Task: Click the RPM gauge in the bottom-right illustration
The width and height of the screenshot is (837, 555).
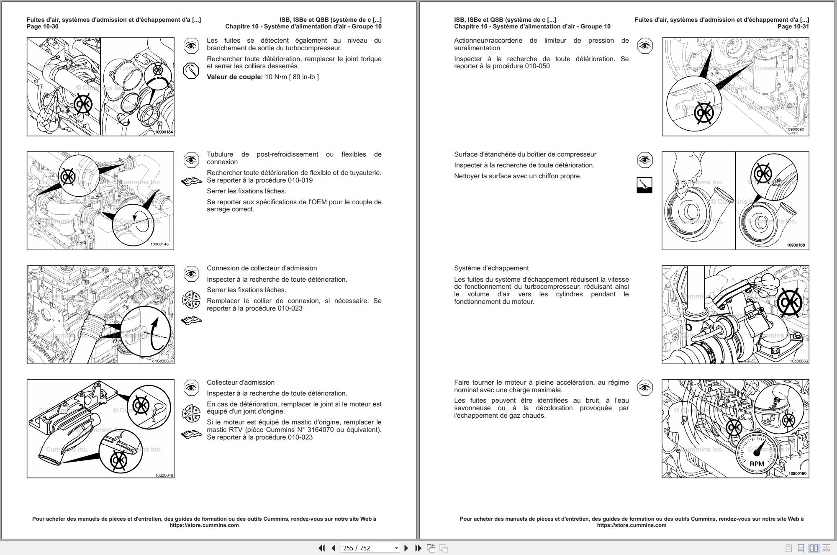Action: pyautogui.click(x=757, y=454)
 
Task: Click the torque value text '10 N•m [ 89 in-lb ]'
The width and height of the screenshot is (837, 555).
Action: pyautogui.click(x=292, y=77)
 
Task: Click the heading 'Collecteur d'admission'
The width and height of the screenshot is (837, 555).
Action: pyautogui.click(x=241, y=383)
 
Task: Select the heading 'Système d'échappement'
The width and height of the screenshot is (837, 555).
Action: pyautogui.click(x=491, y=268)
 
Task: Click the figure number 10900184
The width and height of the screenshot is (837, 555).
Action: pyautogui.click(x=164, y=132)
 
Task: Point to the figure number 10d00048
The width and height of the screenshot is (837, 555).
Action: pyautogui.click(x=164, y=475)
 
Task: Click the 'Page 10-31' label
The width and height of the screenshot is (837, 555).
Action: pyautogui.click(x=793, y=26)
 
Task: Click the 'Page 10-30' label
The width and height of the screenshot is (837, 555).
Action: pyautogui.click(x=43, y=26)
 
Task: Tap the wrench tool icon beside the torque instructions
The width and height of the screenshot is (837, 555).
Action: pyautogui.click(x=191, y=70)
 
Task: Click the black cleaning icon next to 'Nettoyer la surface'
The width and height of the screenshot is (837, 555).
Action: pyautogui.click(x=644, y=185)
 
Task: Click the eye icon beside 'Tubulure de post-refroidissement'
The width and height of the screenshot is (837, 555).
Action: pyautogui.click(x=191, y=160)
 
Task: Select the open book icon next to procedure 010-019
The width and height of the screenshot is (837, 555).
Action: pyautogui.click(x=191, y=182)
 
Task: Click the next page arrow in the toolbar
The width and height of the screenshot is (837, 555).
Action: pyautogui.click(x=406, y=548)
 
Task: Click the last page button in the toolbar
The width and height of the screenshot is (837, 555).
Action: pyautogui.click(x=418, y=548)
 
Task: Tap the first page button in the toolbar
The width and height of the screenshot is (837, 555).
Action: pyautogui.click(x=321, y=548)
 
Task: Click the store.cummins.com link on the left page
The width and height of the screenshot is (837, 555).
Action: pyautogui.click(x=204, y=525)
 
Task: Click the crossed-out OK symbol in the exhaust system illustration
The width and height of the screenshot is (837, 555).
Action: pyautogui.click(x=790, y=303)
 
